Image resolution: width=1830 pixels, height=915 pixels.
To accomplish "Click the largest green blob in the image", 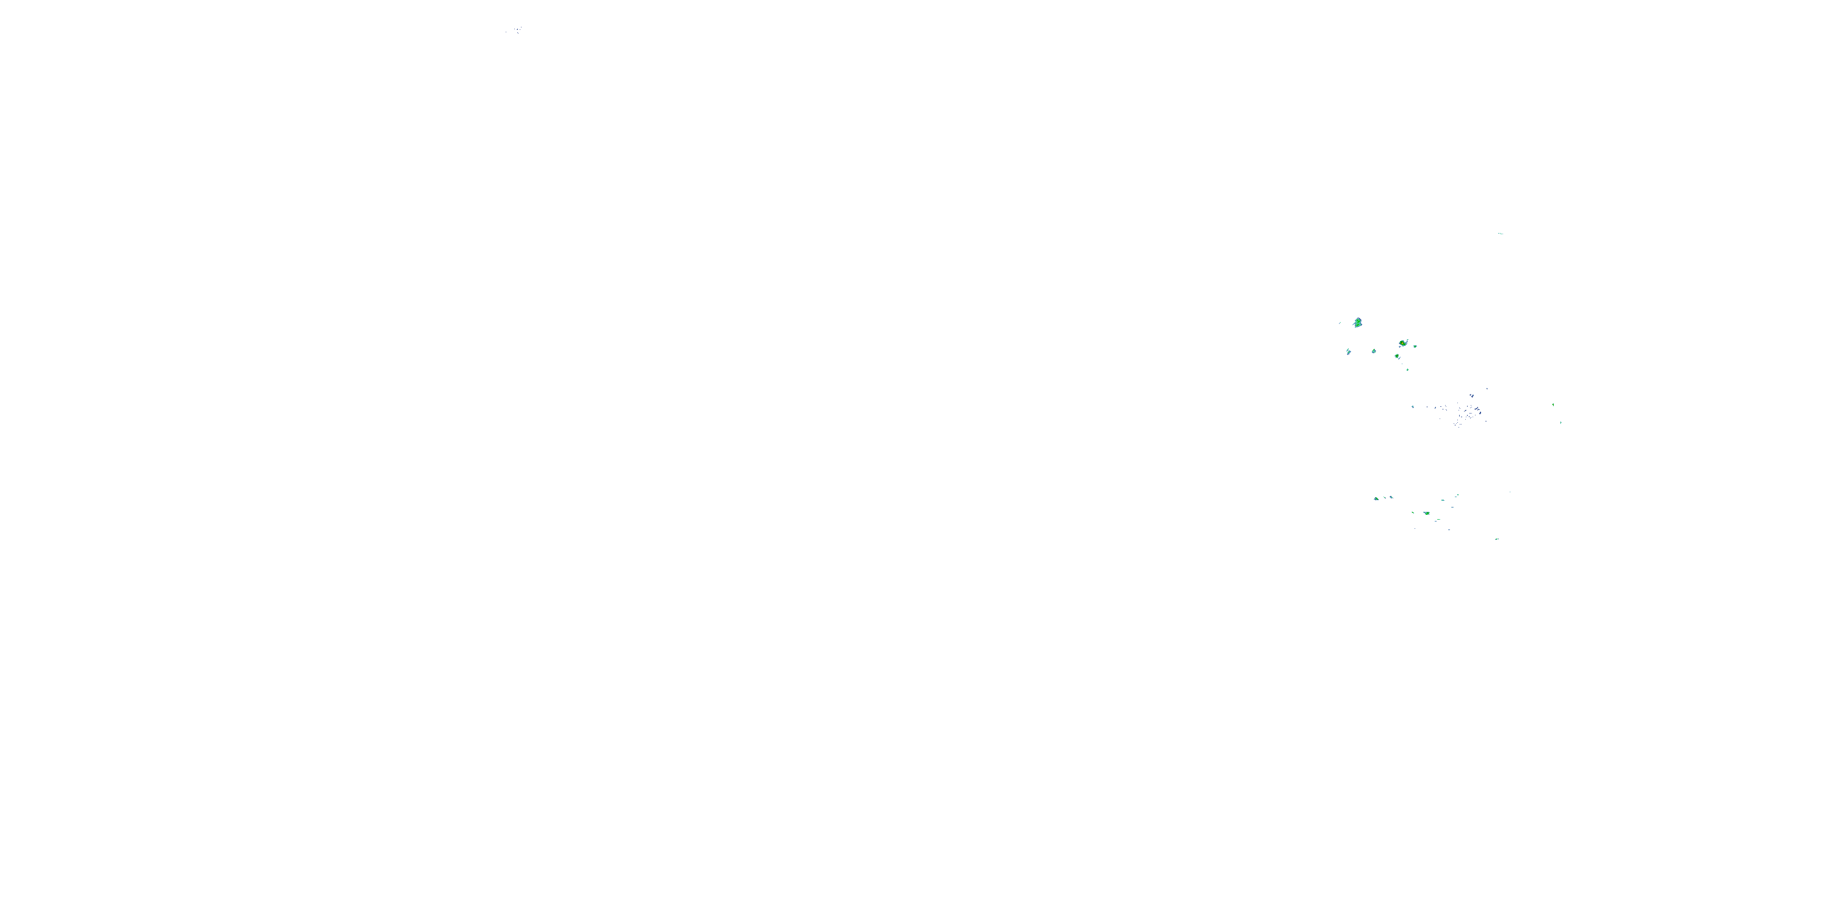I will pyautogui.click(x=1358, y=323).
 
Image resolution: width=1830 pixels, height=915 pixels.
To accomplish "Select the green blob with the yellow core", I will pyautogui.click(x=1403, y=344).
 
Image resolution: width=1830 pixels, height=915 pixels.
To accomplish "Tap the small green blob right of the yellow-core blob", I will pyautogui.click(x=1415, y=346).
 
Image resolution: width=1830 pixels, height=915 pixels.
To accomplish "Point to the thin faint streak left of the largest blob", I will pyautogui.click(x=1340, y=323).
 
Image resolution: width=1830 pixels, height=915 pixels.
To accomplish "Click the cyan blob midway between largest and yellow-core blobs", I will pyautogui.click(x=1374, y=351).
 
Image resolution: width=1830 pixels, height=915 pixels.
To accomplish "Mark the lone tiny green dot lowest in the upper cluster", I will pyautogui.click(x=1407, y=370).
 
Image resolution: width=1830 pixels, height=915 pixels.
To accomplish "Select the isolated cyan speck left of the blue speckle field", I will pyautogui.click(x=1413, y=407).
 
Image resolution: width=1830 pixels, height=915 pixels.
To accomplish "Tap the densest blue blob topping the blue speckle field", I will pyautogui.click(x=1473, y=396).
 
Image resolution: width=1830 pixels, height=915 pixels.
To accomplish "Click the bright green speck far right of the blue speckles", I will pyautogui.click(x=1553, y=405).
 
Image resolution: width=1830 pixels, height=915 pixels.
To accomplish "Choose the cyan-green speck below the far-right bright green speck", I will pyautogui.click(x=1561, y=423).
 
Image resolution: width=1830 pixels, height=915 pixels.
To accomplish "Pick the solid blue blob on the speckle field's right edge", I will pyautogui.click(x=1480, y=414).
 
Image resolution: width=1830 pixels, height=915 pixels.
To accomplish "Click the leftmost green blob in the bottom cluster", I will pyautogui.click(x=1377, y=500).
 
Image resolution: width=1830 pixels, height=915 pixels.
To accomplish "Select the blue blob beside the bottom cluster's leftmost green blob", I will pyautogui.click(x=1391, y=498).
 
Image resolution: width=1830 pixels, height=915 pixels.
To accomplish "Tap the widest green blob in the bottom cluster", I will pyautogui.click(x=1427, y=514).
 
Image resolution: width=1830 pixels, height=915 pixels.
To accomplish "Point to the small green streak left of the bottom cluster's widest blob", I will pyautogui.click(x=1413, y=513).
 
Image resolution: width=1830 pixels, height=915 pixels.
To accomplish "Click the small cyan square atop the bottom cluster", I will pyautogui.click(x=1458, y=495).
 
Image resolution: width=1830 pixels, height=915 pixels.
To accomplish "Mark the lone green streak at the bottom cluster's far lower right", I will pyautogui.click(x=1497, y=539).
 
